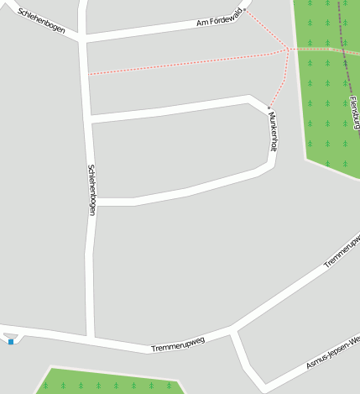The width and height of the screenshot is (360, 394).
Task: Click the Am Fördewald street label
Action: (x=219, y=17)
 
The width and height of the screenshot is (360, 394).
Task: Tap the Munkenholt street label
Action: (x=273, y=131)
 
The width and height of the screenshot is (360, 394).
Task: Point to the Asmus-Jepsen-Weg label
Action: (x=332, y=352)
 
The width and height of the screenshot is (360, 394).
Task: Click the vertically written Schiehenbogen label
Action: (x=91, y=189)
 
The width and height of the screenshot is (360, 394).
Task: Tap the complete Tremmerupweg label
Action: (x=178, y=344)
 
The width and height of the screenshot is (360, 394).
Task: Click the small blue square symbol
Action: (x=11, y=341)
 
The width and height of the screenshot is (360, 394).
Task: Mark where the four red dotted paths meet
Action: (x=288, y=49)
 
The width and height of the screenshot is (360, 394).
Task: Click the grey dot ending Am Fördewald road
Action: (x=244, y=11)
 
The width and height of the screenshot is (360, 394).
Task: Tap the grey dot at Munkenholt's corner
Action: (x=269, y=108)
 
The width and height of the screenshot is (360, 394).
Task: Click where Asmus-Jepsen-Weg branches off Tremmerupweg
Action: (x=234, y=333)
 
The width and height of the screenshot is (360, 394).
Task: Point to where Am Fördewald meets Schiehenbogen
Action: (x=83, y=38)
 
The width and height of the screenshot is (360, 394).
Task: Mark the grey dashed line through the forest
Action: (x=343, y=34)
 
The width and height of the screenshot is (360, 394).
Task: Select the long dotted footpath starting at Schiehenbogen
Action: (x=185, y=63)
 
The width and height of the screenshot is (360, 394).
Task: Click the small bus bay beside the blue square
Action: (x=11, y=335)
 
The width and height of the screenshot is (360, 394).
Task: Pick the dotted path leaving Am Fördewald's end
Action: (x=266, y=29)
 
